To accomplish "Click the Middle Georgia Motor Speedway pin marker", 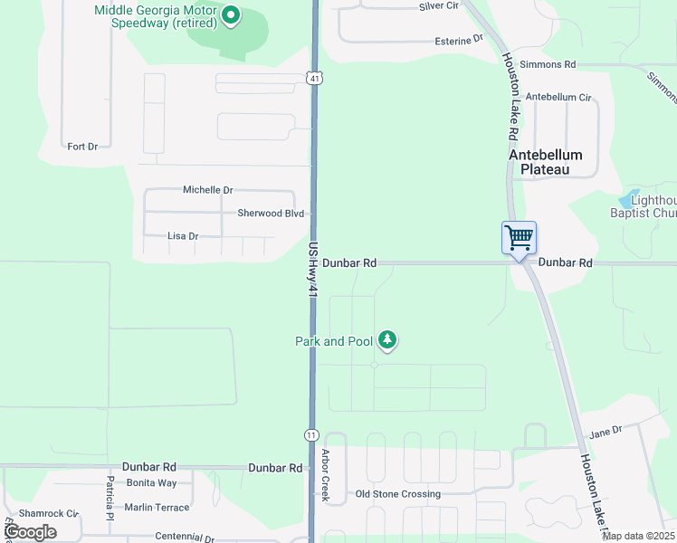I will click(231, 14).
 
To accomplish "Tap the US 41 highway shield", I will click(313, 79).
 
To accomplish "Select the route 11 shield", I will click(311, 435).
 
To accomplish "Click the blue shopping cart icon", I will click(520, 238).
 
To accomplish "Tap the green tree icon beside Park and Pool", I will click(387, 340).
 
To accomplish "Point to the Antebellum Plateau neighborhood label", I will click(546, 162).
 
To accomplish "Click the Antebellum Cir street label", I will click(558, 97).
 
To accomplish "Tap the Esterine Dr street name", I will click(459, 41).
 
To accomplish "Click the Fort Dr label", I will click(82, 146).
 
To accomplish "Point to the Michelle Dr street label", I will click(207, 190).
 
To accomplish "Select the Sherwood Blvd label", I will click(271, 214).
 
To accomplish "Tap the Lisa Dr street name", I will click(183, 236).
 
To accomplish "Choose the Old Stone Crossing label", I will click(398, 494).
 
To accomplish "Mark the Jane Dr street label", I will click(606, 431).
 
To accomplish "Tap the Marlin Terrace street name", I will click(157, 508).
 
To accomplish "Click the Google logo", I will click(30, 532).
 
